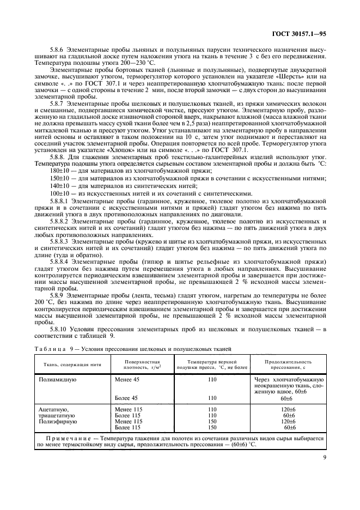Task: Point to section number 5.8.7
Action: coord(58,104)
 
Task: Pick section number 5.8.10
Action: coord(60,330)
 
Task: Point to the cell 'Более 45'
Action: coord(127,398)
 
